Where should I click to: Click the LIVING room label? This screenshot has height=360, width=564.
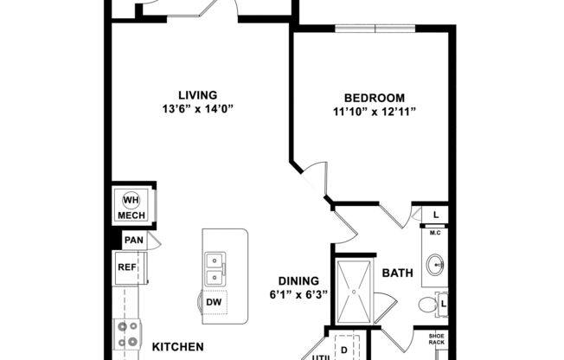pyautogui.click(x=197, y=94)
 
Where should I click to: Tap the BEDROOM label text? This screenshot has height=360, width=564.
pyautogui.click(x=369, y=98)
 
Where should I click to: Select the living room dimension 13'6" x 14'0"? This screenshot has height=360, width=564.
pyautogui.click(x=197, y=108)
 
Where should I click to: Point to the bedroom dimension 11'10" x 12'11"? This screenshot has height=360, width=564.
pyautogui.click(x=369, y=112)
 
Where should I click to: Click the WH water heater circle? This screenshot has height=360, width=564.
pyautogui.click(x=131, y=198)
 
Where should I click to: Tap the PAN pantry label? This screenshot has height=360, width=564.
pyautogui.click(x=132, y=241)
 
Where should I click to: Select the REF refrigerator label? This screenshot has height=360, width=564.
pyautogui.click(x=126, y=267)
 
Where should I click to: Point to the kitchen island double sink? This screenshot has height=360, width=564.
pyautogui.click(x=213, y=269)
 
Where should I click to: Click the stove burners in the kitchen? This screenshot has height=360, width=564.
pyautogui.click(x=129, y=333)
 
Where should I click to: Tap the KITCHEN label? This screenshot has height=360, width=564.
pyautogui.click(x=178, y=347)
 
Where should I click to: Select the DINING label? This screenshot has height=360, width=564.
pyautogui.click(x=298, y=280)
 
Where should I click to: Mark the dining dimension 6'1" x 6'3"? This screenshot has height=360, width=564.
pyautogui.click(x=298, y=294)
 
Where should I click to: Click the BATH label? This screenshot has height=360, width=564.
pyautogui.click(x=397, y=273)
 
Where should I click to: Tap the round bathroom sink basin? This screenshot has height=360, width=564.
pyautogui.click(x=434, y=263)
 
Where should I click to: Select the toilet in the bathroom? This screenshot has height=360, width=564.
pyautogui.click(x=428, y=305)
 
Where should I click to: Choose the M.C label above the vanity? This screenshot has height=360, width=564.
pyautogui.click(x=436, y=232)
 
